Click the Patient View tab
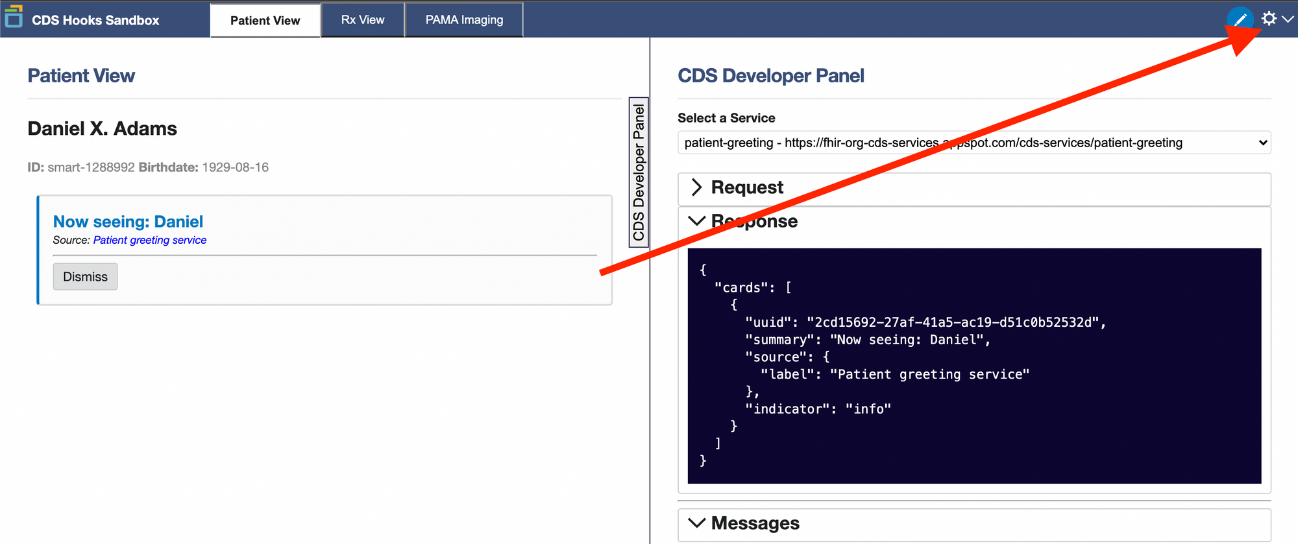pos(265,20)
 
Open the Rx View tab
pos(363,20)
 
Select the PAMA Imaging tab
pos(464,20)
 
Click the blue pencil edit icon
pos(1240,19)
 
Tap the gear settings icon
pos(1269,18)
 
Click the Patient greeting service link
pos(150,240)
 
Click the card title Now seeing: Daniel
pos(128,222)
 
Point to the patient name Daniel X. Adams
pos(102,128)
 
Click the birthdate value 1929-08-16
pos(235,167)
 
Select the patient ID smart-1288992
pos(91,167)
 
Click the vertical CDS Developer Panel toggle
pos(639,172)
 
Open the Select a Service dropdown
pos(974,143)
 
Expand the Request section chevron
pos(696,187)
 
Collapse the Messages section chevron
pos(696,523)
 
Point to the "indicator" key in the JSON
pos(787,409)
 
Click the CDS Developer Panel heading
pos(770,76)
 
